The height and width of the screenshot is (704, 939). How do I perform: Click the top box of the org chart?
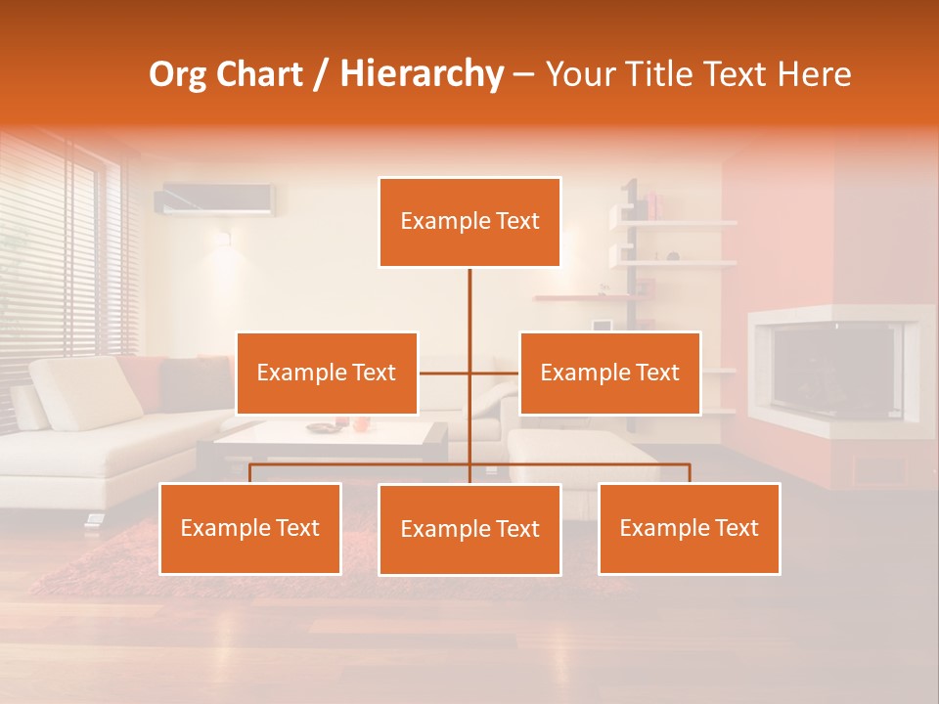coord(469,222)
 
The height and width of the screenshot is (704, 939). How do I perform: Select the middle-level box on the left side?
coord(327,373)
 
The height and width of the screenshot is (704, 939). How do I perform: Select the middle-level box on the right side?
coord(609,373)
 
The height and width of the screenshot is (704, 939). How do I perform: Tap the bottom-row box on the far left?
coord(250,528)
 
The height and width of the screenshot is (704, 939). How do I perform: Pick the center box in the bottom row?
coord(469,529)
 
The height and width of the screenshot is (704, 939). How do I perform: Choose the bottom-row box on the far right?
coord(689,528)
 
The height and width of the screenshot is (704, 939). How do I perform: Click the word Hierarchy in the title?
coord(422,74)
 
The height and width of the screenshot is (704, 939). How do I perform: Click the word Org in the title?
coord(180,74)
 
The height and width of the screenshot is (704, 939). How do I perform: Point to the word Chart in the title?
coord(259,74)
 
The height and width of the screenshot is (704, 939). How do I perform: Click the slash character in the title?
coord(321,75)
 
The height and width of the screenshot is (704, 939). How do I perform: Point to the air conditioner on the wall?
coord(215,198)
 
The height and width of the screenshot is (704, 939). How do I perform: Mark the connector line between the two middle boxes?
coord(469,373)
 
